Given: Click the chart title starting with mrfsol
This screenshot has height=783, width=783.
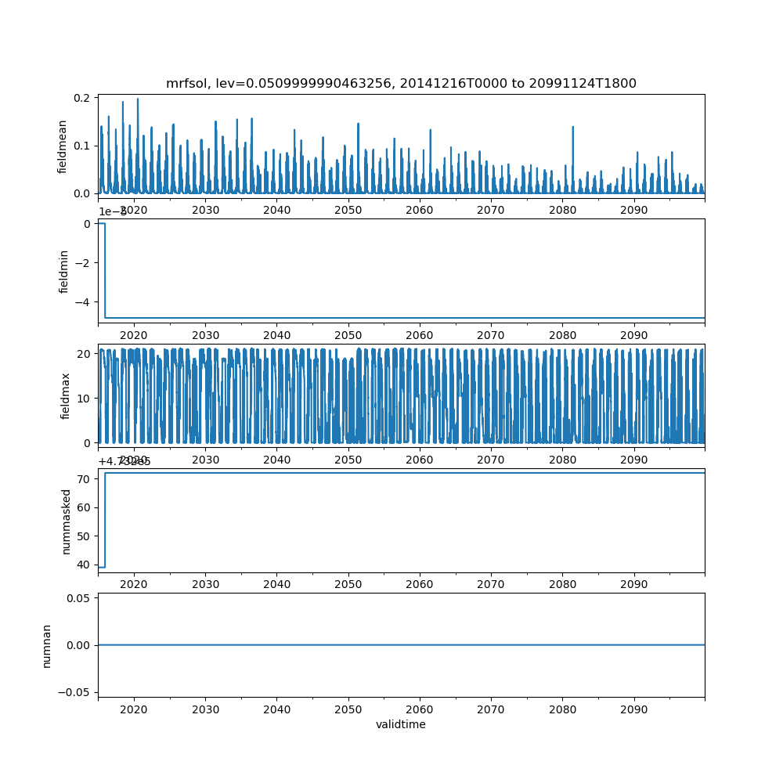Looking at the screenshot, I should coord(401,83).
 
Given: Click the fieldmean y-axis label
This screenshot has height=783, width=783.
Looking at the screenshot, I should coord(63,146).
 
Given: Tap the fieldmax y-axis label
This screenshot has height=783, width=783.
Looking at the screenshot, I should coord(66,395).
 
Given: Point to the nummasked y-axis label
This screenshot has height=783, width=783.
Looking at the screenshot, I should coord(66,521).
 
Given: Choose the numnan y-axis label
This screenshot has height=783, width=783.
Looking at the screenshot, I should coord(47,645).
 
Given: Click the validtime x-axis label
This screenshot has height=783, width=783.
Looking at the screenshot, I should coord(401,724).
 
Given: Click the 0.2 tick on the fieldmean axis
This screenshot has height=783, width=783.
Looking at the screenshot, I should coord(81,98).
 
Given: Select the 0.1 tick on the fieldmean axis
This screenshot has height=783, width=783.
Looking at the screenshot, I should coord(81,146).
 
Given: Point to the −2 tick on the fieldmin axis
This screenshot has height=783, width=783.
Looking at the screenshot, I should coord(85,262).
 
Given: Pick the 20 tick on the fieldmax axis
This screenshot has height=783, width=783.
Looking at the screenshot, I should coord(85,353).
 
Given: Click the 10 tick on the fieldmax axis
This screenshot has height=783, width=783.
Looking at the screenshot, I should coord(85,398).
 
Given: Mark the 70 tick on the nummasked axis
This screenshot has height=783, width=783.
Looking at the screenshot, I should coord(85,478).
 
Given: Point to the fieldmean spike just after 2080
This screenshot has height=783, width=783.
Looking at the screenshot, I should coord(572,128).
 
